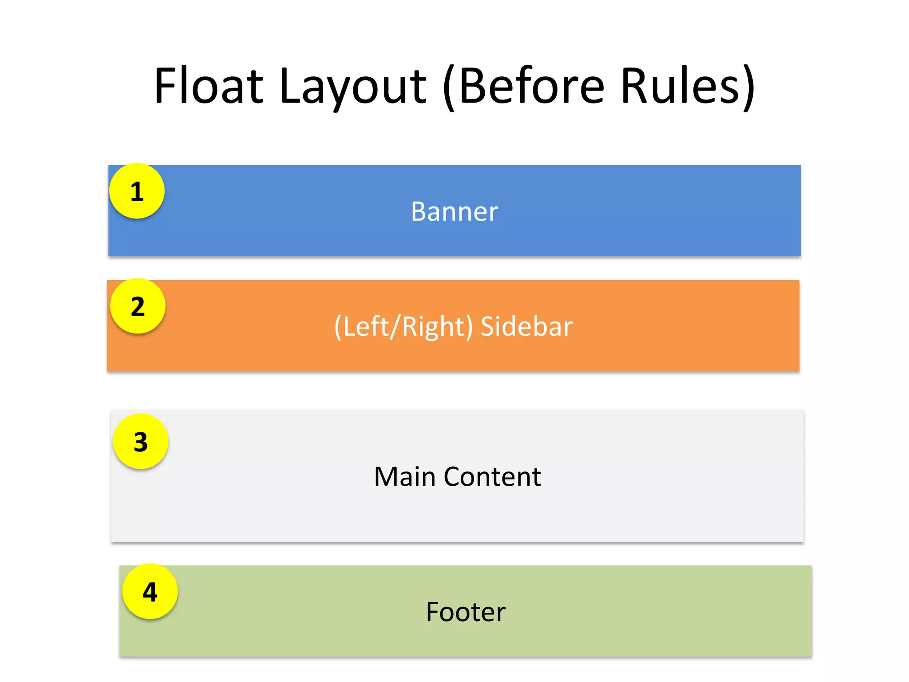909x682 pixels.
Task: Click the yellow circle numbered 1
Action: pyautogui.click(x=137, y=191)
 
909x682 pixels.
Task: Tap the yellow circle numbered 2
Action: pyautogui.click(x=138, y=306)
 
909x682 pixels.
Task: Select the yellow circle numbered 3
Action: pyautogui.click(x=141, y=442)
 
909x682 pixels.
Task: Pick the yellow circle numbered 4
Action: pyautogui.click(x=150, y=592)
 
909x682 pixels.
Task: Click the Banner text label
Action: pyautogui.click(x=454, y=211)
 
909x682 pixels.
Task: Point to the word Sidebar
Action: pyautogui.click(x=526, y=326)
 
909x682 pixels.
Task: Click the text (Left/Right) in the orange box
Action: pyautogui.click(x=403, y=327)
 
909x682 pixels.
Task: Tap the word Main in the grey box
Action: pyautogui.click(x=405, y=477)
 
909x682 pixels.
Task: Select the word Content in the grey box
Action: pyautogui.click(x=492, y=477)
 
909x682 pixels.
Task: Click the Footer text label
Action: pyautogui.click(x=466, y=612)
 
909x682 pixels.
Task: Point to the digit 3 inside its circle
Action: pyautogui.click(x=141, y=442)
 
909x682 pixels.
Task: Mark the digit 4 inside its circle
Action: pyautogui.click(x=150, y=592)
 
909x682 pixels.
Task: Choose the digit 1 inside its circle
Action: pyautogui.click(x=137, y=192)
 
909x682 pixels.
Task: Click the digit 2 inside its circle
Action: pyautogui.click(x=138, y=307)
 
